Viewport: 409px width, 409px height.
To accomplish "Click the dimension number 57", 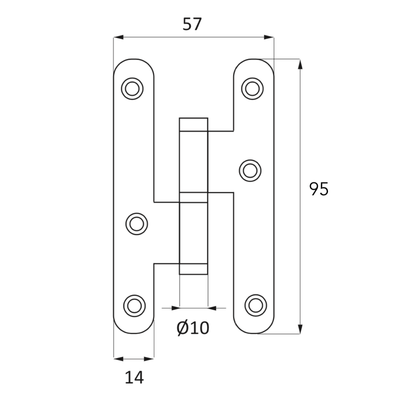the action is (192, 24).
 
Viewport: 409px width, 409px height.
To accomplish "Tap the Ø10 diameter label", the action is (193, 328).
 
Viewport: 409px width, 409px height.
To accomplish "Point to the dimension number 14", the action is (134, 378).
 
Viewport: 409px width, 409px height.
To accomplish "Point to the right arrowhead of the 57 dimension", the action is (269, 37).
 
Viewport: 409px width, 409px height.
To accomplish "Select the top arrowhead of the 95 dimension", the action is (300, 64).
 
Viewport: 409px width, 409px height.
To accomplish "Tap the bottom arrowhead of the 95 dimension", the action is (300, 329).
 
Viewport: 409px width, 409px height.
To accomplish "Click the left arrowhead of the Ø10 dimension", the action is (175, 308).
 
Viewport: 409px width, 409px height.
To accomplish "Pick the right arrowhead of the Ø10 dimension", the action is (212, 308).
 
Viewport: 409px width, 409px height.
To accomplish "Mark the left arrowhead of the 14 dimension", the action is (119, 359).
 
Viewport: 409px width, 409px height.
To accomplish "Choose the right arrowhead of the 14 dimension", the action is (149, 359).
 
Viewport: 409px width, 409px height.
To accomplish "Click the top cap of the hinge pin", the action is (193, 124).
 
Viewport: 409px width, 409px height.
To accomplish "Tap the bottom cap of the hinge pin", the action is (193, 269).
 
